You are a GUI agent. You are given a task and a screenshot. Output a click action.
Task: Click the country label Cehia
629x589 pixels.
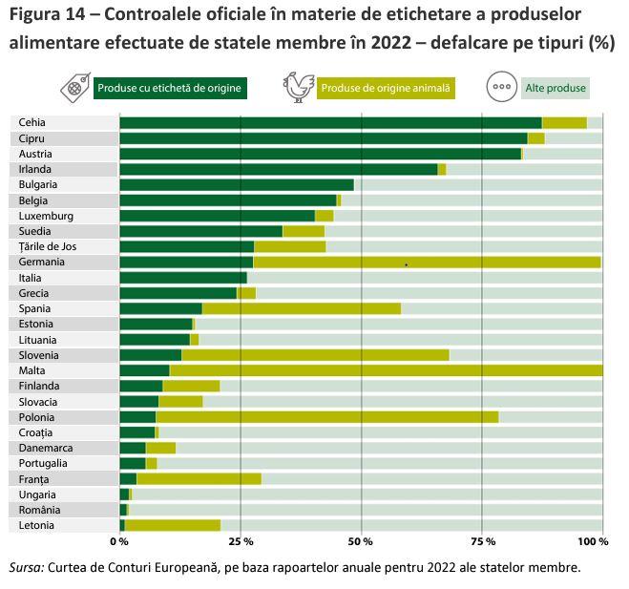coord(32,122)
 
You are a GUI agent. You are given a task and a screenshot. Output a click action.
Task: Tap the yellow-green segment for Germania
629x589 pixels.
coord(427,262)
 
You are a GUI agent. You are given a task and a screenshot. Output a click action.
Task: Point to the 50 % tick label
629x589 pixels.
coord(361,541)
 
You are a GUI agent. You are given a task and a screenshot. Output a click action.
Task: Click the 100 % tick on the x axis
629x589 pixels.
coord(592,541)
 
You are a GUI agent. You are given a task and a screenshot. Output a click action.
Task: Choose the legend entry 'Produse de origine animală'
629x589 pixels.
coord(386,89)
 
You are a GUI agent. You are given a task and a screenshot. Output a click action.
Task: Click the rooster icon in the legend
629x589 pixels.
coord(298,87)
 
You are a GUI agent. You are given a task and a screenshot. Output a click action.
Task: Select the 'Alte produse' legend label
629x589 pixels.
coord(556,89)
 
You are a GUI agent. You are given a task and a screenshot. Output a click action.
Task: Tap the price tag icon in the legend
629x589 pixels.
coord(74,88)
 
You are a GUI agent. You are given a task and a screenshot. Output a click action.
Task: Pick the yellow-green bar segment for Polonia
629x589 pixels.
coord(326,417)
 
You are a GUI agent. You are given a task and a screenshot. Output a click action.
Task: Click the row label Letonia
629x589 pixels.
coord(36,525)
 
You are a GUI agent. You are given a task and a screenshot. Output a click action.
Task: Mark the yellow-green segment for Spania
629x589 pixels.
coord(301,308)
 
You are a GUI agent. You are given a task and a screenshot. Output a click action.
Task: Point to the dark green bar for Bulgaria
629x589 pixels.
coord(236,184)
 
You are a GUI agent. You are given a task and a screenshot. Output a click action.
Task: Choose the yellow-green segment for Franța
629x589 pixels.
coord(199,479)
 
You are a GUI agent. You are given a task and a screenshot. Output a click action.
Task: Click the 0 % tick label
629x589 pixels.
coord(119,541)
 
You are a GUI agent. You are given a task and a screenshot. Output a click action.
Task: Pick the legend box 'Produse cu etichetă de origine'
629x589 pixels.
coord(170,89)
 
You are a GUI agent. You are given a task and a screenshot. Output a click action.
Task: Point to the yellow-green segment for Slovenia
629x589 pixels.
coord(315,355)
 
